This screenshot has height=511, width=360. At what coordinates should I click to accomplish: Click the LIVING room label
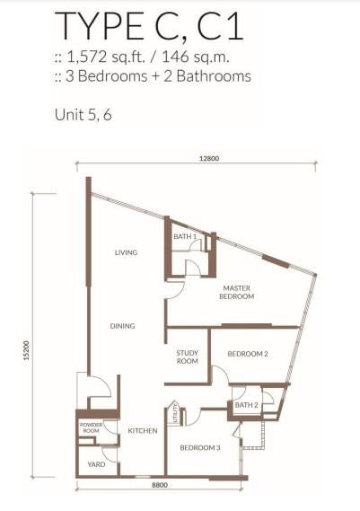[126, 252]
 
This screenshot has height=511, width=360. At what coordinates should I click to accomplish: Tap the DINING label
[122, 326]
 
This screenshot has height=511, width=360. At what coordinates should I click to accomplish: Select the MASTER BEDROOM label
[237, 293]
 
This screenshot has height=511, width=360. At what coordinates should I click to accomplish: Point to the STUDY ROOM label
[187, 357]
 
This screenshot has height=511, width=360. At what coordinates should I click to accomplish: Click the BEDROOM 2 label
[248, 354]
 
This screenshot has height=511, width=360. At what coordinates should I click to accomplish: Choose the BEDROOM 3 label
[200, 448]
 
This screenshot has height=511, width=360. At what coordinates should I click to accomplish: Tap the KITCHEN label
[143, 431]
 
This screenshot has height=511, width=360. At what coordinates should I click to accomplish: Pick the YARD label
[96, 464]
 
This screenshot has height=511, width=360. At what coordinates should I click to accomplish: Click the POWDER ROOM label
[91, 427]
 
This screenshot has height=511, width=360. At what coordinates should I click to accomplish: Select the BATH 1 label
[185, 236]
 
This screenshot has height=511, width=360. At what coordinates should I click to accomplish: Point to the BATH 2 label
[247, 405]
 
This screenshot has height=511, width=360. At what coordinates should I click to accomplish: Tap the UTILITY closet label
[175, 413]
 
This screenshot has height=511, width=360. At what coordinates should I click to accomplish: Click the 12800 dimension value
[209, 159]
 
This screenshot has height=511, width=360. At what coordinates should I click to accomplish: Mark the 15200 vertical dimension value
[26, 350]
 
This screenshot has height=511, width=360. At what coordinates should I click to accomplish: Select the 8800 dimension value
[160, 485]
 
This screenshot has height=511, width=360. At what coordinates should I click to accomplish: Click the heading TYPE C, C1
[149, 26]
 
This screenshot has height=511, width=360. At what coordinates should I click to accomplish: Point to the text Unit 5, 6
[83, 115]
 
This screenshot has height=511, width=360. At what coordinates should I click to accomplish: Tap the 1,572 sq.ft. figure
[106, 57]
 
